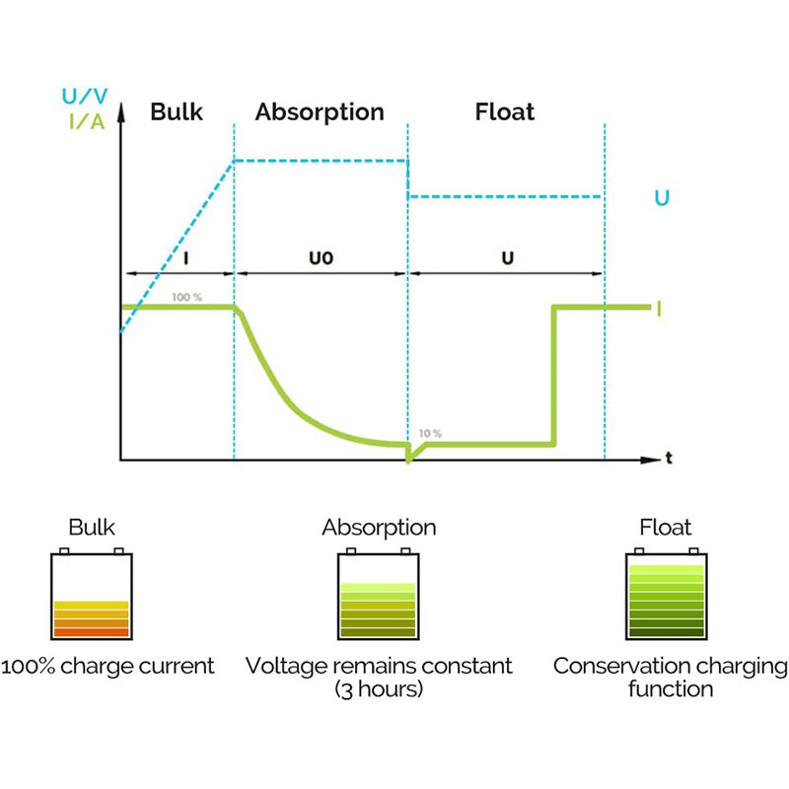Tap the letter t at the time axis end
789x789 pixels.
669,459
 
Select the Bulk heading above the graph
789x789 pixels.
177,111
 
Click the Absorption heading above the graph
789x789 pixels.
320,111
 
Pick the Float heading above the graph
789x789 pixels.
505,111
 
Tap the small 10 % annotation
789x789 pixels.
430,433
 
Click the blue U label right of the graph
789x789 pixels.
662,198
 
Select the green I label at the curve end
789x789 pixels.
658,309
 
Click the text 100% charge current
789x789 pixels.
108,666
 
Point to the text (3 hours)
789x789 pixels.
379,688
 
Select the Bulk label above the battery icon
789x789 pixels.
91,528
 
